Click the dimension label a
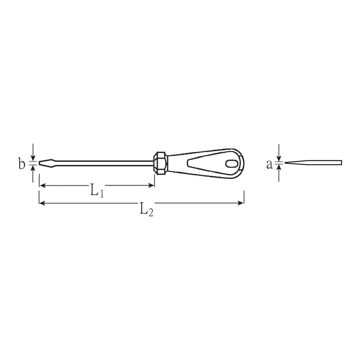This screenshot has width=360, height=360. click(x=269, y=165)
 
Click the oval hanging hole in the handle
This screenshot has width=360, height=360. click(x=231, y=164)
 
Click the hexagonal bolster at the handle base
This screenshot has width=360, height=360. click(x=161, y=163)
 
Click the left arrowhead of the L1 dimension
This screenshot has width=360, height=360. click(x=42, y=186)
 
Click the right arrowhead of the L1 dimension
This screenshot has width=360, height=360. click(x=152, y=186)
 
